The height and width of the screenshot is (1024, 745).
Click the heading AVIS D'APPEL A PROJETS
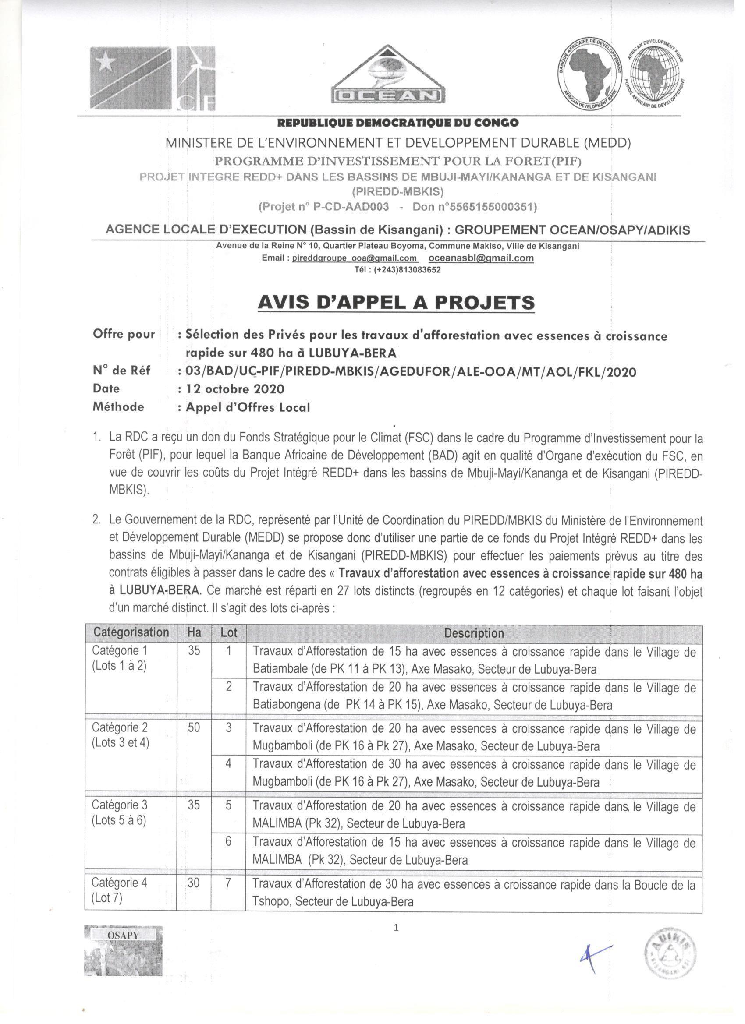point(396,302)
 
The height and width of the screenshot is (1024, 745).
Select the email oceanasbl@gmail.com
point(481,258)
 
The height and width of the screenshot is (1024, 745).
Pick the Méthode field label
point(118,407)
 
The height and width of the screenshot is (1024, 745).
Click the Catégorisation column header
point(131,632)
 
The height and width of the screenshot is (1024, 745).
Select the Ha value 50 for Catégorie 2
point(194,727)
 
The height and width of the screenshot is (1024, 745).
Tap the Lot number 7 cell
point(229,883)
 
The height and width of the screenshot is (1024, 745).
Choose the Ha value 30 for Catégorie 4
point(193,883)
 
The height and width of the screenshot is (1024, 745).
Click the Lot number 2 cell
point(229,687)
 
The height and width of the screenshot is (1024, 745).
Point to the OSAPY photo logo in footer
point(123,950)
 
